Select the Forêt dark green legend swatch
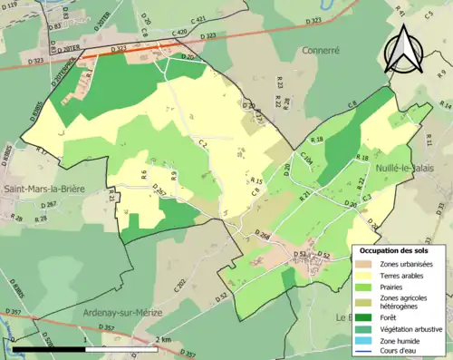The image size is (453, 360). [361, 316]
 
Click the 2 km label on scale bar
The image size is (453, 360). [164, 339]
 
